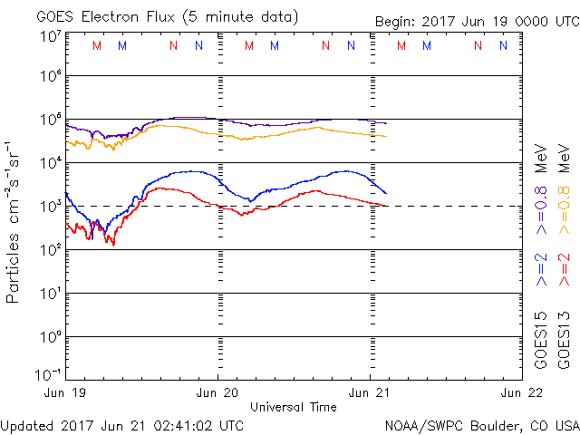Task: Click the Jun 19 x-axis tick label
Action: tap(65, 392)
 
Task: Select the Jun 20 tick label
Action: tap(217, 392)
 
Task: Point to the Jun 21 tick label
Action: tap(370, 392)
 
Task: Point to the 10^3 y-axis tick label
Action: tap(50, 207)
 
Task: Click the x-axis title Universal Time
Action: tap(293, 407)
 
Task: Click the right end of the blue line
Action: tap(386, 193)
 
